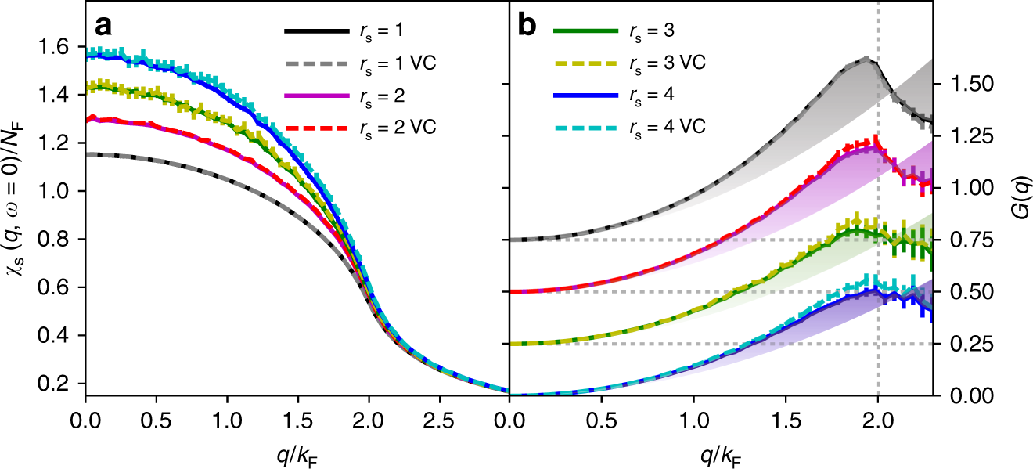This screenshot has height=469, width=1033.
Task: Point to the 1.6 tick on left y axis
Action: (59, 47)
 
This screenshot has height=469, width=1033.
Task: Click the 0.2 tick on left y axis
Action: (59, 384)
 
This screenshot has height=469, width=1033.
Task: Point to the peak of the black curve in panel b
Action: (866, 59)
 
